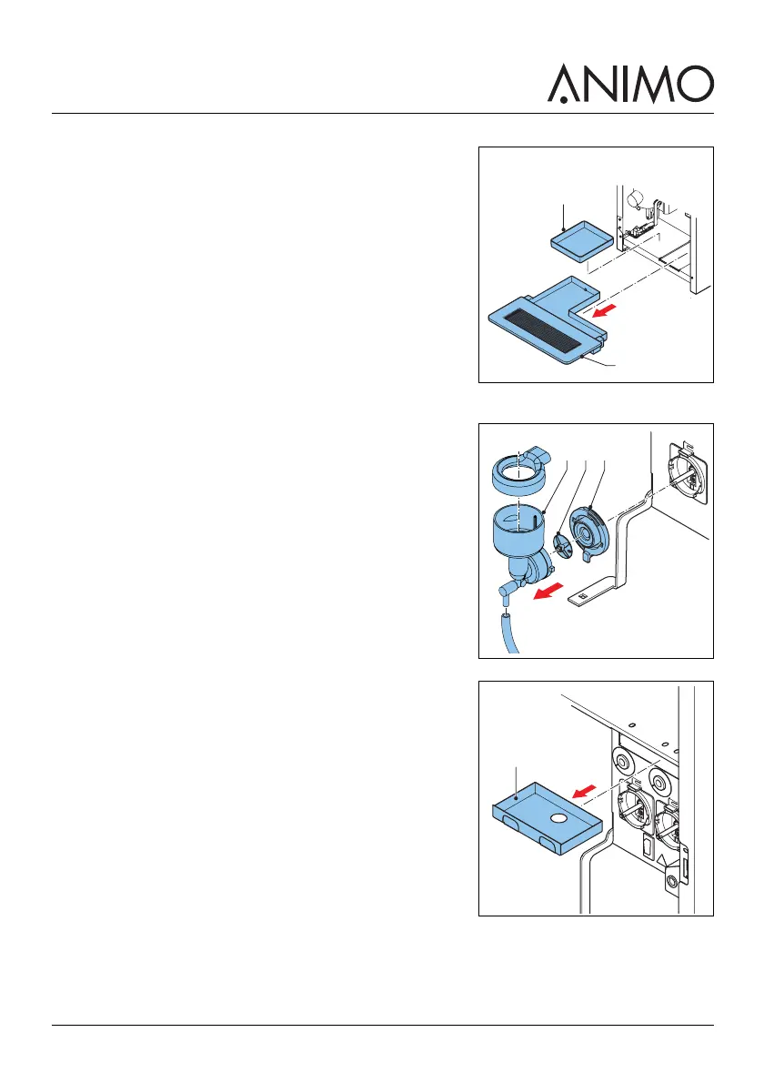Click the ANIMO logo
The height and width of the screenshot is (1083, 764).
tap(630, 83)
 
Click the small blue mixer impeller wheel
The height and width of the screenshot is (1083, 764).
tap(564, 547)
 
